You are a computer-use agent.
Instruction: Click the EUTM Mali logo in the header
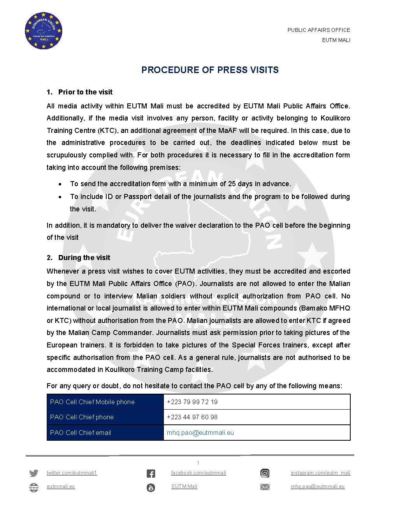(x=44, y=31)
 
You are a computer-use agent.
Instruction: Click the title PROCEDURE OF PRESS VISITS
(x=210, y=70)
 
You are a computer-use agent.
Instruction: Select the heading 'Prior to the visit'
(x=85, y=92)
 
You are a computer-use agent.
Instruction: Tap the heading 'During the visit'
(x=84, y=258)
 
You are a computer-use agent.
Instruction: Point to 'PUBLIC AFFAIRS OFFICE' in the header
(x=319, y=30)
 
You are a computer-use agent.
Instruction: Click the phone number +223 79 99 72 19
(x=192, y=402)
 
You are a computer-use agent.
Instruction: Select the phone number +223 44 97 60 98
(x=192, y=417)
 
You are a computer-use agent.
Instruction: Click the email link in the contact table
(x=200, y=433)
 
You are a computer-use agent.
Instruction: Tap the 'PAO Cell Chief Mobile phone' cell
(x=92, y=402)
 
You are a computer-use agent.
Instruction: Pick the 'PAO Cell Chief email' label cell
(x=81, y=433)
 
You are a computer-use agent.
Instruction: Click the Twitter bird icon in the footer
(x=34, y=473)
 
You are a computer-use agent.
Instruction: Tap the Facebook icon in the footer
(x=151, y=473)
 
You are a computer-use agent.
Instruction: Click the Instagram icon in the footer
(x=265, y=473)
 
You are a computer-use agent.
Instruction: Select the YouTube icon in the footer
(x=151, y=487)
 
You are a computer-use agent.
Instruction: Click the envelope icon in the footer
(x=265, y=487)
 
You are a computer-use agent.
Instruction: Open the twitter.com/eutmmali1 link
(x=72, y=473)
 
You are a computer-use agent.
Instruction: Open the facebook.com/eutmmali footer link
(x=198, y=473)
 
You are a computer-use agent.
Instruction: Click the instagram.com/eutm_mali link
(x=320, y=473)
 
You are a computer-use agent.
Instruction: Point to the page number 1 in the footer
(x=198, y=463)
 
